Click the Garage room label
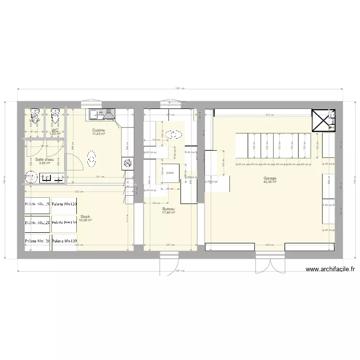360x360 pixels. pos(270,179)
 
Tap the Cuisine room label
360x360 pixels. pos(99,131)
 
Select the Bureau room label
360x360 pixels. pos(168,209)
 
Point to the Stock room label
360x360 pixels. pos(85,217)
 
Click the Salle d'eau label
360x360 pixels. pos(45,159)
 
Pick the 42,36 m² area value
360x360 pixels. pos(270,182)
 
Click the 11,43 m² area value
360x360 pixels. pos(99,134)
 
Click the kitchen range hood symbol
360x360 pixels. pos(108,114)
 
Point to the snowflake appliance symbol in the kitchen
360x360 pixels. pos(128,164)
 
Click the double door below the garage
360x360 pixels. pos(270,263)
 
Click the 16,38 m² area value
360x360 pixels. pos(85,220)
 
